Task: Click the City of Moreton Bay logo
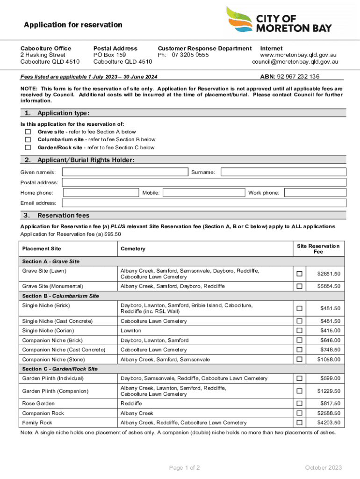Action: tap(279, 20)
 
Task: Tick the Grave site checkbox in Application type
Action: tap(28, 132)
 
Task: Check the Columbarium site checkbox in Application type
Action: tap(28, 139)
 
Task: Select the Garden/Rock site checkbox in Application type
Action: tap(28, 147)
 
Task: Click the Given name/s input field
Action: tap(125, 172)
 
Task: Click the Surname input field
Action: tap(283, 172)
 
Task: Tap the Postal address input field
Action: tap(204, 182)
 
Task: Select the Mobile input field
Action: tap(204, 193)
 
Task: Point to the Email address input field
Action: tap(204, 203)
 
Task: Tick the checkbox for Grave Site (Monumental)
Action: tap(300, 286)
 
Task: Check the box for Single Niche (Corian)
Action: tap(300, 331)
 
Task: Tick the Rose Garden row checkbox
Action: tap(300, 403)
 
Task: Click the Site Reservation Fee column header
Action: tap(318, 249)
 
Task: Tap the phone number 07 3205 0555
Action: tap(190, 55)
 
